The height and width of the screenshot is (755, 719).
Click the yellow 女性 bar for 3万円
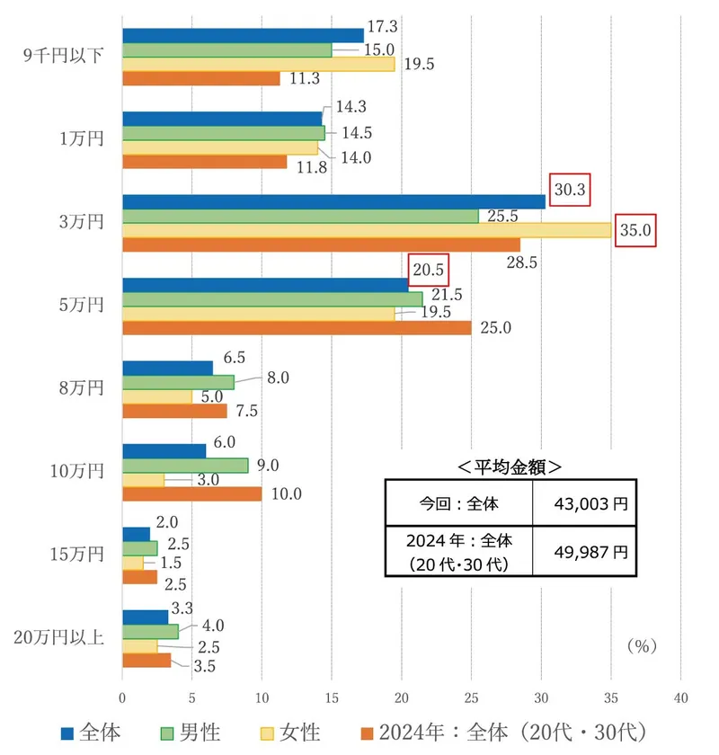pos(367,230)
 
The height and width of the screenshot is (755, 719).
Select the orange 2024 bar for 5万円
pos(297,327)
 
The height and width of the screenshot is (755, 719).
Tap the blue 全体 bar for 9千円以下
pos(243,35)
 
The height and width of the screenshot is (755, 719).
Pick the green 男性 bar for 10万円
pos(185,465)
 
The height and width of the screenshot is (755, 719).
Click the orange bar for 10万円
pos(191,493)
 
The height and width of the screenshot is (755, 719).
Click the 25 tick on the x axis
pos(471,697)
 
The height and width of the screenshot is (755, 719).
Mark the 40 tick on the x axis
pos(680,697)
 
